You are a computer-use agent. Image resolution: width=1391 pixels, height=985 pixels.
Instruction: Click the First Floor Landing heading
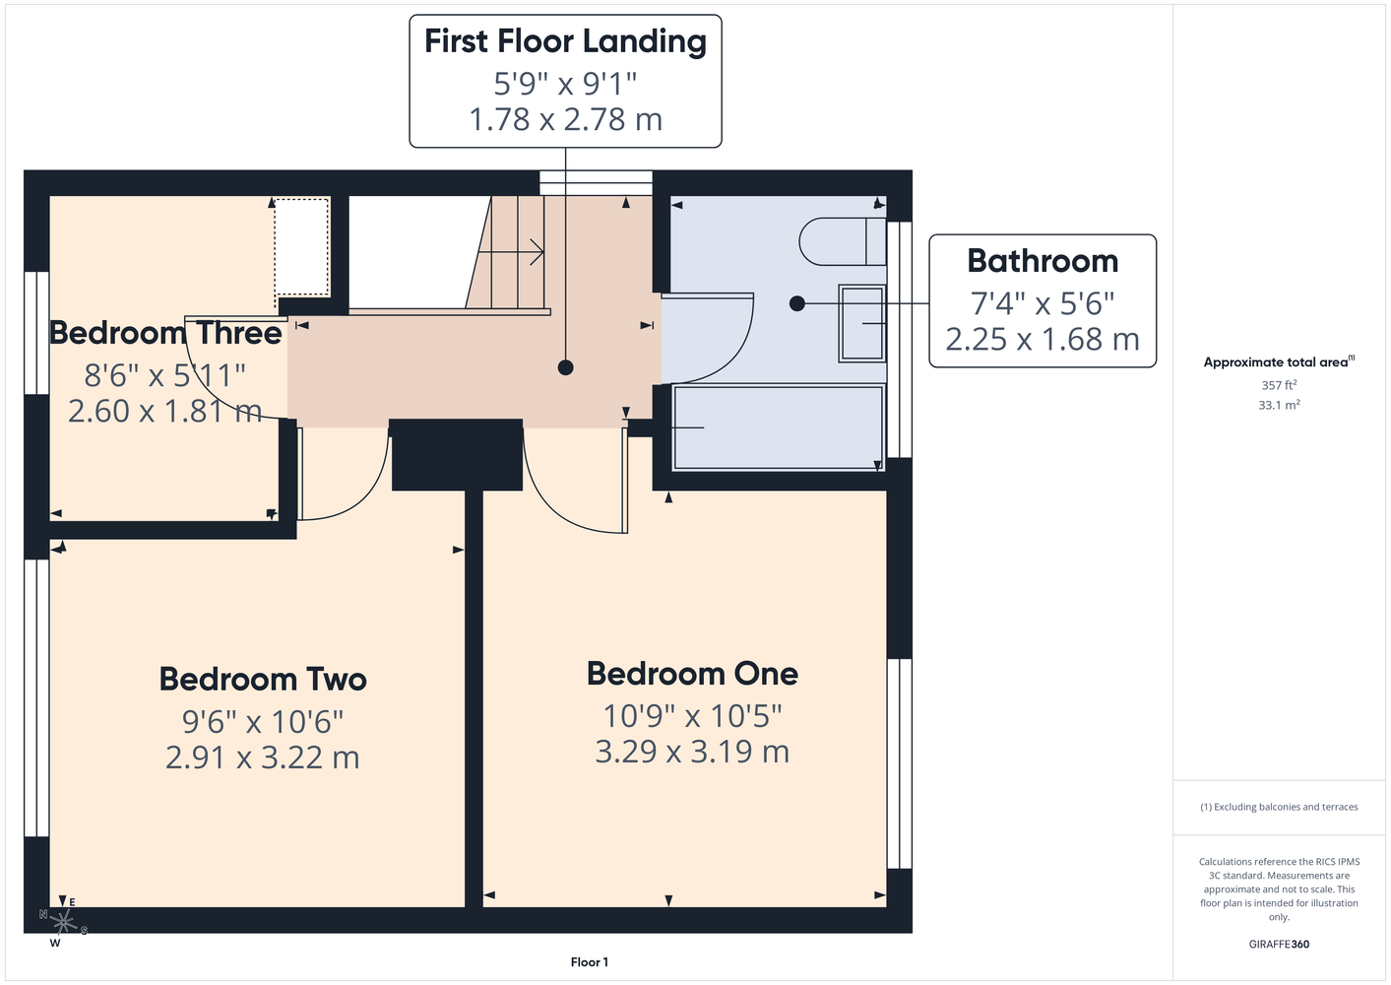pyautogui.click(x=565, y=42)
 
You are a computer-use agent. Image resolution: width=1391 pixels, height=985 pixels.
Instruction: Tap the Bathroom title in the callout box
pyautogui.click(x=1043, y=261)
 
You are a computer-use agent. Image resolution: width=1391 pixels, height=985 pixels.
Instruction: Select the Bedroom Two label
pyautogui.click(x=263, y=679)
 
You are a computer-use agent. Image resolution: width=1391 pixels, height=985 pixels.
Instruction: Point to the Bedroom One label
pyautogui.click(x=692, y=674)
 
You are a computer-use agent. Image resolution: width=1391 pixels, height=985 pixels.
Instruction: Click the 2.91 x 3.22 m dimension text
pyautogui.click(x=263, y=757)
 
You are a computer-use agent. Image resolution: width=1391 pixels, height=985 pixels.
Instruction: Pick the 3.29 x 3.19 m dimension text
pyautogui.click(x=692, y=752)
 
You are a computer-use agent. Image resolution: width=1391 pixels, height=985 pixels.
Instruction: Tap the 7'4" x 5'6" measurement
pyautogui.click(x=1043, y=304)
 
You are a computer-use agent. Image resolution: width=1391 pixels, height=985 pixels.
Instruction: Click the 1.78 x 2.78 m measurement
pyautogui.click(x=565, y=119)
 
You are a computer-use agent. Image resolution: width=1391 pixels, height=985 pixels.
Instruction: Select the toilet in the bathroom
pyautogui.click(x=843, y=241)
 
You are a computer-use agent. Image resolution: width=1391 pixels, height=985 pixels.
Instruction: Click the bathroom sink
pyautogui.click(x=862, y=323)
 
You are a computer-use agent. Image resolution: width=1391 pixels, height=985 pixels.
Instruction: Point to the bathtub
pyautogui.click(x=779, y=427)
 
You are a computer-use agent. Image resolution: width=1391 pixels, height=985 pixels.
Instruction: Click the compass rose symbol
pyautogui.click(x=63, y=922)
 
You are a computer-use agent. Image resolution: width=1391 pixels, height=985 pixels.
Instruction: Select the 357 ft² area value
pyautogui.click(x=1279, y=385)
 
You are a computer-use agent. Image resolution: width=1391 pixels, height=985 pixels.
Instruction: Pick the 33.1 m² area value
pyautogui.click(x=1279, y=405)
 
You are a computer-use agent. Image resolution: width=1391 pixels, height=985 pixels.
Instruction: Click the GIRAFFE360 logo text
pyautogui.click(x=1279, y=945)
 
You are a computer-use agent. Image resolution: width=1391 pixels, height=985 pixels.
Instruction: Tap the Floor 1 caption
pyautogui.click(x=590, y=962)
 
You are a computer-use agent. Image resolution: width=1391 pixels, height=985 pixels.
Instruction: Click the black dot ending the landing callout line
pyautogui.click(x=565, y=368)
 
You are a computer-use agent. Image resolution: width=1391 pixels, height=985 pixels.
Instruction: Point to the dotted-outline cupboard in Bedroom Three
pyautogui.click(x=302, y=246)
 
